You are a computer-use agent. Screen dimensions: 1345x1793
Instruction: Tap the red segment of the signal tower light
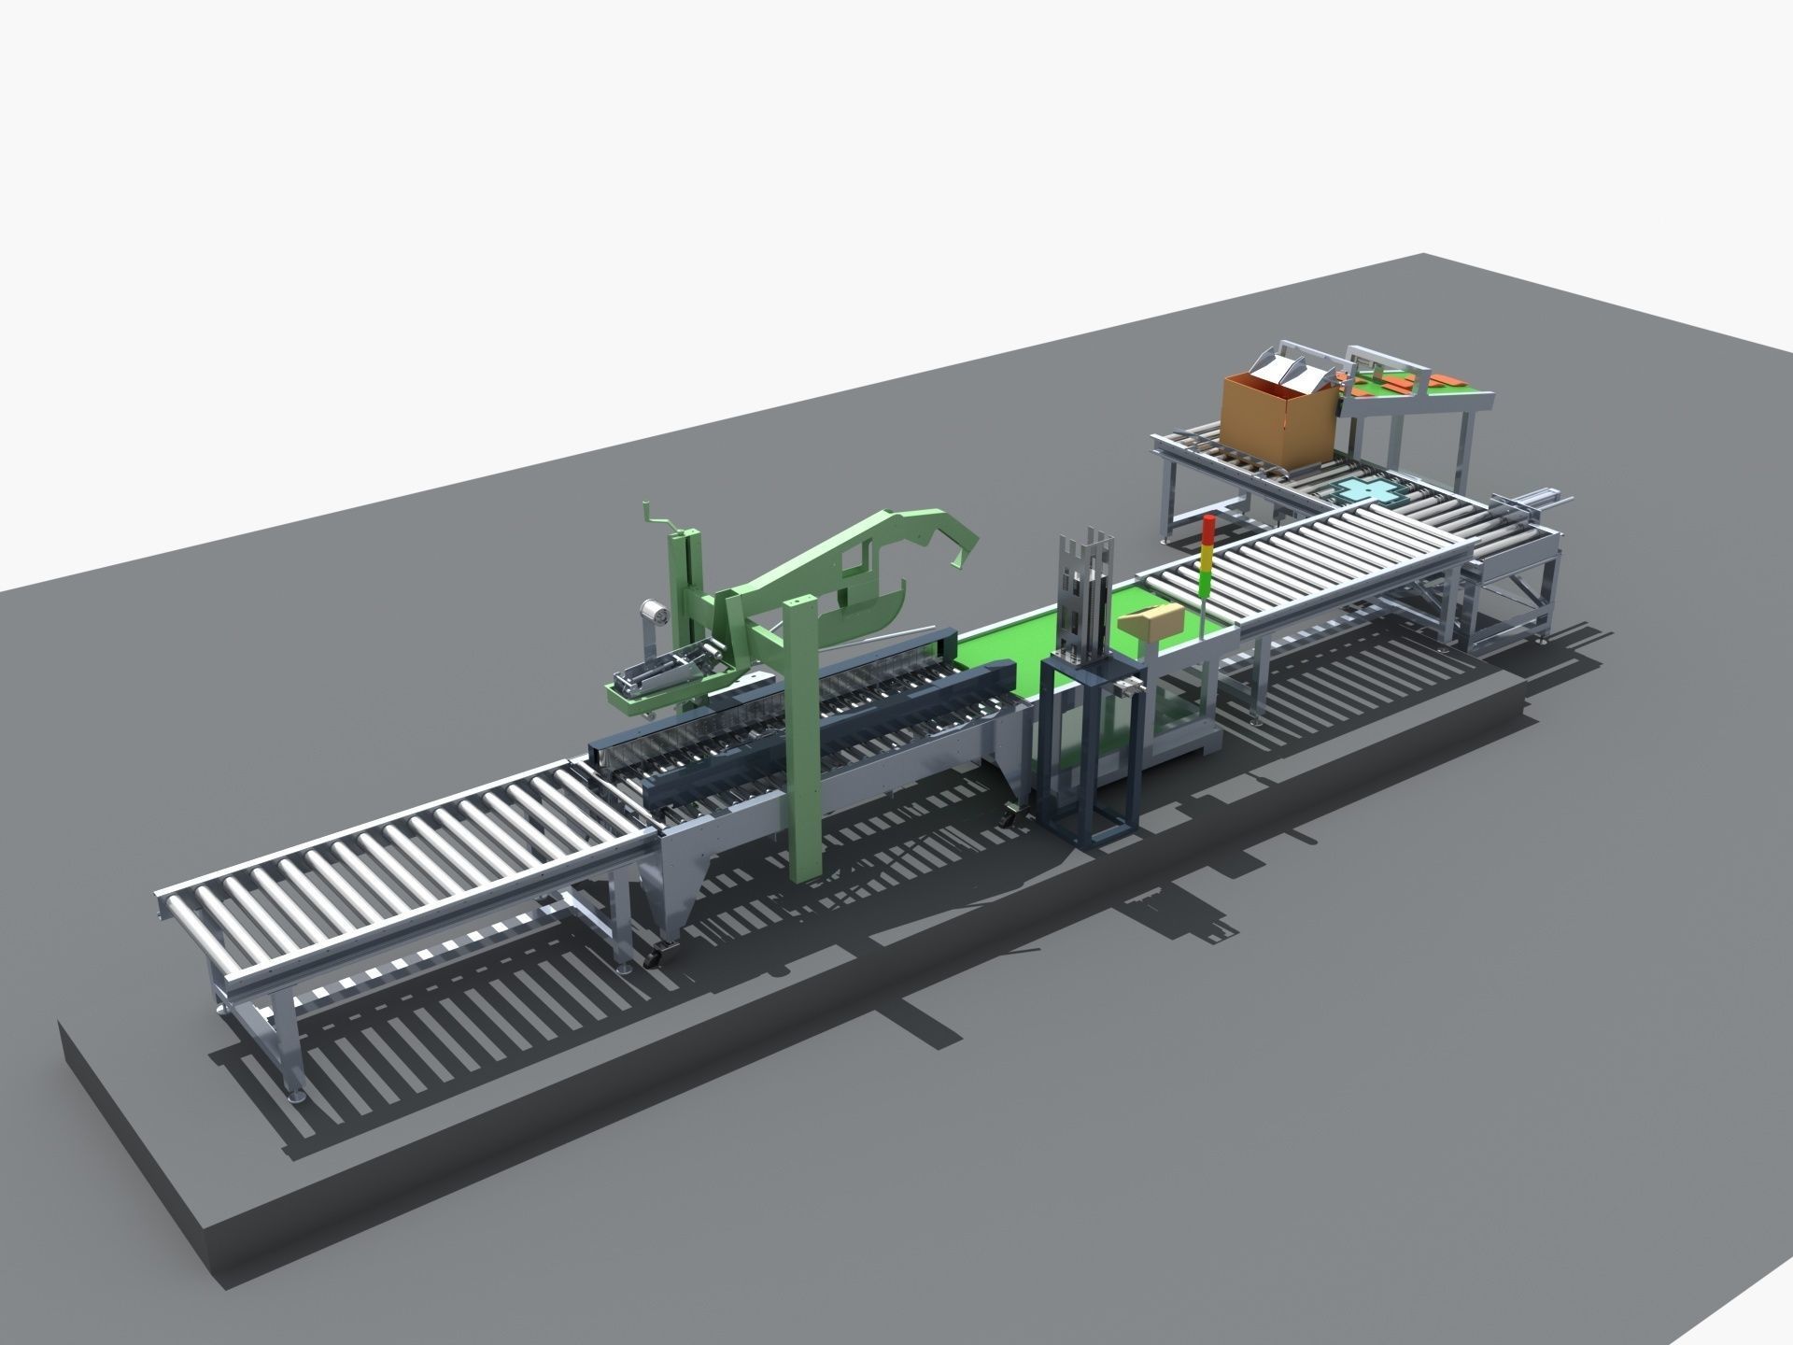pyautogui.click(x=1210, y=526)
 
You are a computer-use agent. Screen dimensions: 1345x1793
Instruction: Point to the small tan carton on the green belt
pyautogui.click(x=1152, y=620)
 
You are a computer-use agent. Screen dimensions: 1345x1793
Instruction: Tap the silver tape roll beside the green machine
pyautogui.click(x=653, y=614)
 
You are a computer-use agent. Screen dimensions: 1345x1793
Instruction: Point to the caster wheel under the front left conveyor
pyautogui.click(x=655, y=957)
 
